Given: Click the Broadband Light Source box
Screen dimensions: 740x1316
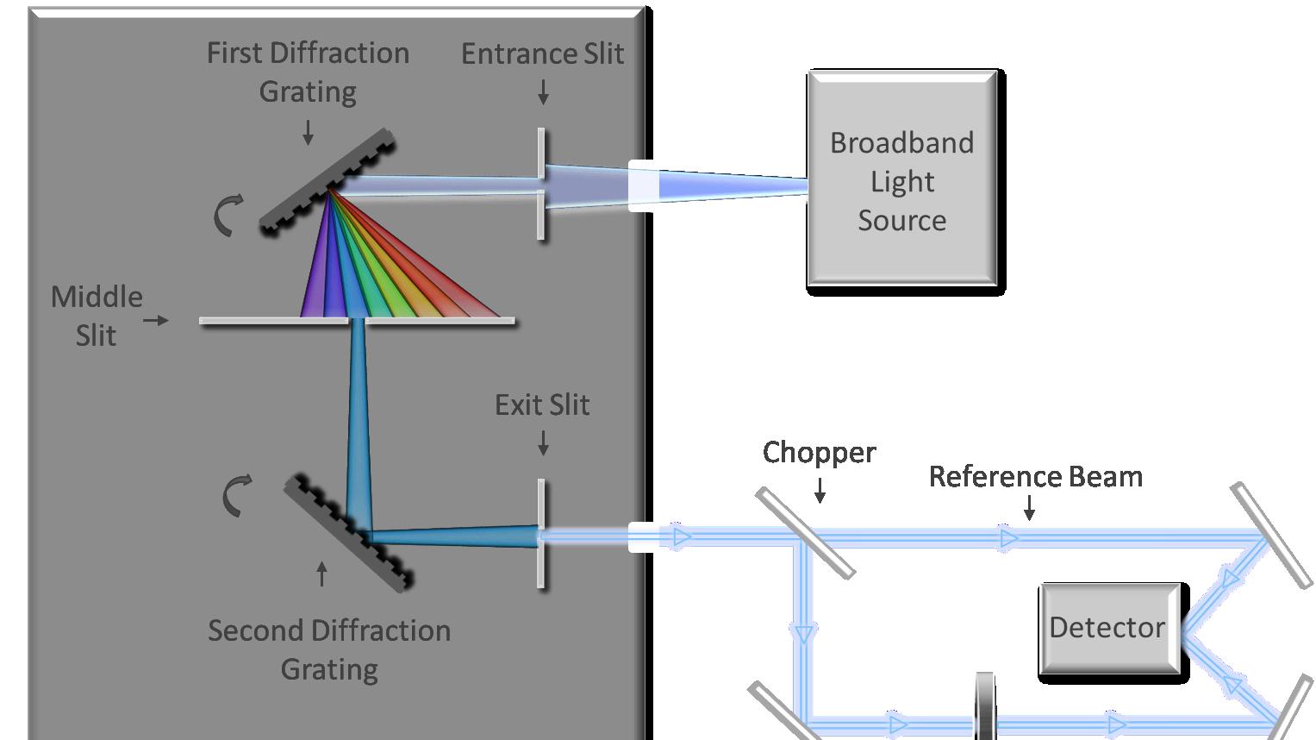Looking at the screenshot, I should pyautogui.click(x=902, y=181).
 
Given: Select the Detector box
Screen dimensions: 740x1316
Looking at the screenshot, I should pyautogui.click(x=1108, y=627).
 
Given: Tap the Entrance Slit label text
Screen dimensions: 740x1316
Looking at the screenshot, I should pyautogui.click(x=542, y=53).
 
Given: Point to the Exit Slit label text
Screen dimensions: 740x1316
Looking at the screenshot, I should pyautogui.click(x=542, y=404).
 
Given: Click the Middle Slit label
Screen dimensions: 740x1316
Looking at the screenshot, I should pyautogui.click(x=97, y=316).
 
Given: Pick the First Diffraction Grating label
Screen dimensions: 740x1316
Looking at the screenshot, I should pyautogui.click(x=308, y=72).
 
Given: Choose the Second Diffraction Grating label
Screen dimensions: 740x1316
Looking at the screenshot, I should pyautogui.click(x=329, y=649).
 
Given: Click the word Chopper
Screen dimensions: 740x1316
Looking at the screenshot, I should pyautogui.click(x=819, y=453).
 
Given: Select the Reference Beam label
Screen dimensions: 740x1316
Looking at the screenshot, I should pyautogui.click(x=1035, y=476).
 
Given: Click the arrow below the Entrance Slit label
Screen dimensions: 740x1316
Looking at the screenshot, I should pyautogui.click(x=543, y=92).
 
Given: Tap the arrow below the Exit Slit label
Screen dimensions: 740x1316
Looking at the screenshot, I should pyautogui.click(x=543, y=442).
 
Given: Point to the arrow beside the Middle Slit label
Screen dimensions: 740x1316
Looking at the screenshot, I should pyautogui.click(x=156, y=320).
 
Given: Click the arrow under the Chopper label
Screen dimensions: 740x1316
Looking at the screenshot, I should pyautogui.click(x=820, y=490).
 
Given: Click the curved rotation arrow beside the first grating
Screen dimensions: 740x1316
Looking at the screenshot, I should pyautogui.click(x=228, y=216).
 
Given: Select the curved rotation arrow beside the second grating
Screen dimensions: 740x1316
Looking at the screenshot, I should pyautogui.click(x=237, y=495).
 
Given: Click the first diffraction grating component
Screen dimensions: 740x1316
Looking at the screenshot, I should pyautogui.click(x=327, y=181).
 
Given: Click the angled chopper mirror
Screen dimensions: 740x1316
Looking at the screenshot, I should pyautogui.click(x=805, y=531).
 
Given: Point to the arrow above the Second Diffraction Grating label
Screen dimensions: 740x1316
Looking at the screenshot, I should pyautogui.click(x=322, y=574).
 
